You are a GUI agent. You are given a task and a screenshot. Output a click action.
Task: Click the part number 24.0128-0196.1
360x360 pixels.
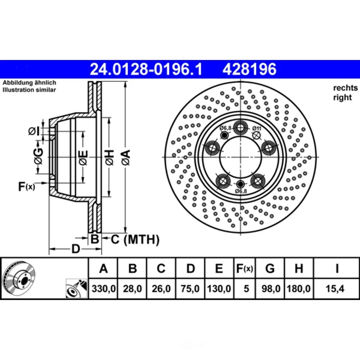tap(146, 69)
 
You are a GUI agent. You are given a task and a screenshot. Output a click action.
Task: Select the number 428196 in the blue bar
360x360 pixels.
tap(249, 69)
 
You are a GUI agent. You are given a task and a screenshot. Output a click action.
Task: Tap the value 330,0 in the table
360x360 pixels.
tap(103, 289)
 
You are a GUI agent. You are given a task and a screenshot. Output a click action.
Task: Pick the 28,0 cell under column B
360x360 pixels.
tap(132, 289)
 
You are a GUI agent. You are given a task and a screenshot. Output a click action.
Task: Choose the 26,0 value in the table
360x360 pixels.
tap(161, 289)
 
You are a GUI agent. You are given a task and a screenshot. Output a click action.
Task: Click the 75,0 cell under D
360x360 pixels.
tap(190, 289)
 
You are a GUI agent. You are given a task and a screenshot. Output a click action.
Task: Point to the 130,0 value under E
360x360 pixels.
tap(219, 289)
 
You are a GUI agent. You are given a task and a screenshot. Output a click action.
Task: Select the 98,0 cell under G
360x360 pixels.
tap(270, 289)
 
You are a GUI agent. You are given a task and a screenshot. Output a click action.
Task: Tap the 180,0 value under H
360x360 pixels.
tap(299, 289)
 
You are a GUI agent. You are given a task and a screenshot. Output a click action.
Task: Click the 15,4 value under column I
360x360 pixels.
tap(336, 289)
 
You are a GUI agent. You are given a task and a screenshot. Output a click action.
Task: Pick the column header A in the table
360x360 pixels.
tap(103, 268)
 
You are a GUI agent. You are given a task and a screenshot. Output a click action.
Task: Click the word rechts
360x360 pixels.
tap(345, 88)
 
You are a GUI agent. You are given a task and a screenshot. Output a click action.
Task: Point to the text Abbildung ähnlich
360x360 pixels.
tap(29, 82)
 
